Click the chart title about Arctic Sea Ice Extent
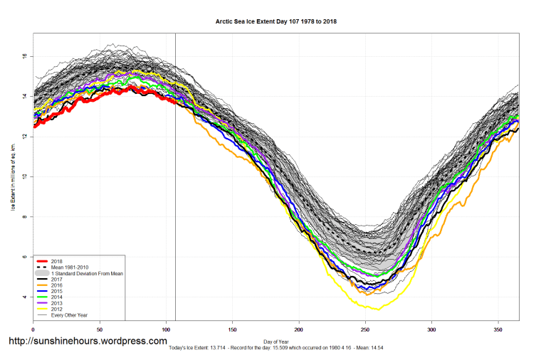(276, 21)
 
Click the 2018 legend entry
(56, 260)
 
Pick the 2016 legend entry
(56, 285)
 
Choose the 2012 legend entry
(56, 309)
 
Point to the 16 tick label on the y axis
(24, 55)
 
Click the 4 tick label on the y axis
(25, 297)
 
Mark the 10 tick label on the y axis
(24, 176)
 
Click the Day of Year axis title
(275, 341)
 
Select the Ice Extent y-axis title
(12, 176)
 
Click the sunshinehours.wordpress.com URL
(88, 342)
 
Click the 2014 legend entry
(56, 297)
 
